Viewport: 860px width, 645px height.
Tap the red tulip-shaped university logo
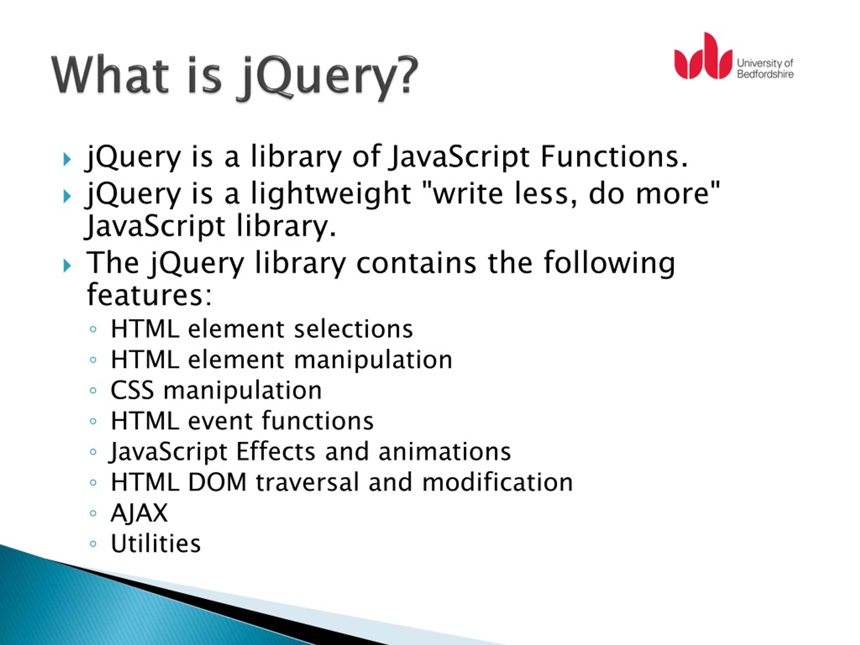[702, 58]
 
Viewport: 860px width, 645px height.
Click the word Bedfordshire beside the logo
[765, 74]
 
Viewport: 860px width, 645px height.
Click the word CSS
[132, 390]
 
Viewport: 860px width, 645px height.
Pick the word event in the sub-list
[220, 421]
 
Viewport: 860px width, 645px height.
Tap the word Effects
[276, 451]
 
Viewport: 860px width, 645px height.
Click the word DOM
[217, 482]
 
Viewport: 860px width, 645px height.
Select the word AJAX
[139, 513]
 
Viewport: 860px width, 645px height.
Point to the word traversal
[307, 482]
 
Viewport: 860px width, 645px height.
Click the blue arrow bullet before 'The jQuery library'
[67, 266]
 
